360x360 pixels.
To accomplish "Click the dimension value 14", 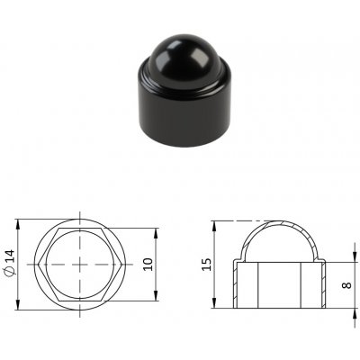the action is pyautogui.click(x=10, y=256).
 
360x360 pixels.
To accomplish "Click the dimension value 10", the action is pyautogui.click(x=148, y=265).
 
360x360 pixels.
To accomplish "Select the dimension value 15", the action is pyautogui.click(x=207, y=265).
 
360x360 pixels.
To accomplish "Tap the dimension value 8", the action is pyautogui.click(x=346, y=284).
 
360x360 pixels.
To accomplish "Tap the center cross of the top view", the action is pyautogui.click(x=80, y=265).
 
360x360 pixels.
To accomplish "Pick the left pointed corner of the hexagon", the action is pyautogui.click(x=40, y=265).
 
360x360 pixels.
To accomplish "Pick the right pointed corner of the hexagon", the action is pyautogui.click(x=121, y=265).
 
